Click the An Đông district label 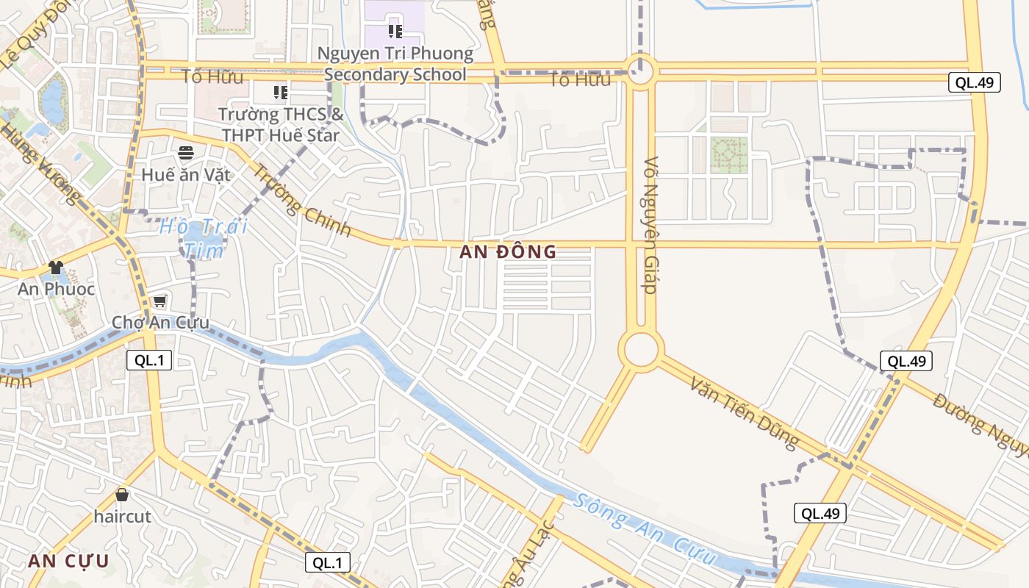(508, 252)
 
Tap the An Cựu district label (68, 562)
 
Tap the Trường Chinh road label (302, 200)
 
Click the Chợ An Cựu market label (160, 323)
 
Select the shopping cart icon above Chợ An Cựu (159, 301)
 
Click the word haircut (122, 517)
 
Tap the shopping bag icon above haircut (122, 495)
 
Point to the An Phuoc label (57, 289)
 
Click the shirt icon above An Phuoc (56, 267)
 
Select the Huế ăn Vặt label (186, 175)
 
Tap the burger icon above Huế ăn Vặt (186, 153)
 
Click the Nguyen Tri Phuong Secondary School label (395, 64)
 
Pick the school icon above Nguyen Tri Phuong (395, 31)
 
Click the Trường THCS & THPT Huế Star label (281, 125)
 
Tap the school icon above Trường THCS (281, 92)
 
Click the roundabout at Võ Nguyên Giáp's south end (641, 349)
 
